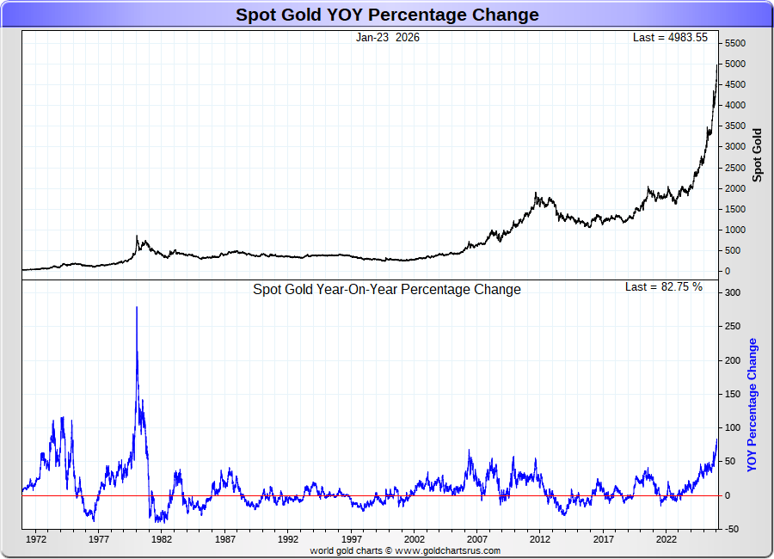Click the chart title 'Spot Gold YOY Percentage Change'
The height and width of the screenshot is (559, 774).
(x=387, y=15)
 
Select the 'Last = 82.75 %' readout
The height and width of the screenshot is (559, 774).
(x=663, y=287)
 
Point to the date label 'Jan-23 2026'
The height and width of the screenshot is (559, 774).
(x=388, y=38)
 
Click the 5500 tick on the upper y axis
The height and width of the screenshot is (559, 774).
(x=734, y=44)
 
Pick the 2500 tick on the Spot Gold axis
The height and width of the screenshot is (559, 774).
(x=734, y=168)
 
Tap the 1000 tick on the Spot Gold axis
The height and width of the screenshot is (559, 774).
(x=734, y=230)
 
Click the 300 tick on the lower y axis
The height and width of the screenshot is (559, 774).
(x=731, y=293)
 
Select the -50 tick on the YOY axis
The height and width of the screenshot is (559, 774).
(x=730, y=529)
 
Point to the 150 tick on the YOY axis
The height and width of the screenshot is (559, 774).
(x=731, y=395)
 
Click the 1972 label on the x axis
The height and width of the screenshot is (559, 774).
(x=36, y=540)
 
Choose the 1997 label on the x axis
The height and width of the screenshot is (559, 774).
(x=352, y=540)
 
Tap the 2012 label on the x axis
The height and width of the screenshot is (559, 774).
(x=540, y=540)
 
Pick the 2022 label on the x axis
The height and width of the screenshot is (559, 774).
(x=666, y=540)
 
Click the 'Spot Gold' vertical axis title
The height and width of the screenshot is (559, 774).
(x=758, y=155)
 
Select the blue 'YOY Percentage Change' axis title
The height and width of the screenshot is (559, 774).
(x=752, y=405)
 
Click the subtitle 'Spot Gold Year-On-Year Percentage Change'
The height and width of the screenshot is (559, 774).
(x=387, y=290)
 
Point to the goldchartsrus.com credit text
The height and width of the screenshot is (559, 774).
(x=404, y=550)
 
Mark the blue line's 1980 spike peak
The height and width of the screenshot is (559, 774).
(x=137, y=307)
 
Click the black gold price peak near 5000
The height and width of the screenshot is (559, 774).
(x=717, y=64)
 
